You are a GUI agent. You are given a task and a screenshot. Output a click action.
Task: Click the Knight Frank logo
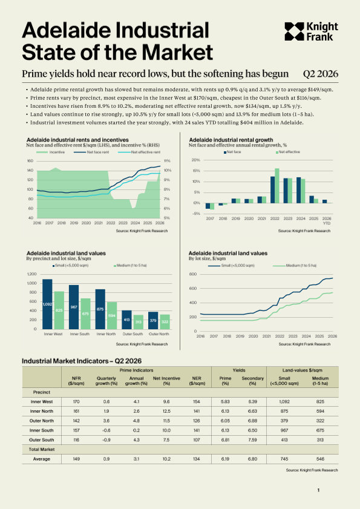(x=312, y=31)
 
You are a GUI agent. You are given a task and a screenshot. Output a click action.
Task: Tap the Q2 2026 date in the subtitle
(x=321, y=74)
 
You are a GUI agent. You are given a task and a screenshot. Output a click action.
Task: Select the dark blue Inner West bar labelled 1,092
(x=47, y=304)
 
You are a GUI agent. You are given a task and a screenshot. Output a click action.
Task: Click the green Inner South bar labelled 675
(x=85, y=314)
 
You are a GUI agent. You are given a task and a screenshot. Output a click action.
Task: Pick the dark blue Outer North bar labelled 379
(x=153, y=321)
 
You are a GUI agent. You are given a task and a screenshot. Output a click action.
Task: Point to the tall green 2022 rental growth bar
(x=277, y=186)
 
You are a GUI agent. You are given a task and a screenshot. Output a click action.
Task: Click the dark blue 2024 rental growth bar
(x=299, y=190)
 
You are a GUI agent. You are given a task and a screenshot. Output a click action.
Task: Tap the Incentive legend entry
(x=50, y=152)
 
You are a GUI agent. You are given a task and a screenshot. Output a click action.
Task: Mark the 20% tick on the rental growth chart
(x=196, y=160)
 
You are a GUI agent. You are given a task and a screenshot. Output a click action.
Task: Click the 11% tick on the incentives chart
(x=167, y=161)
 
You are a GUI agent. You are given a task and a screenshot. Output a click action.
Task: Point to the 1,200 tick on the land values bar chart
(x=32, y=274)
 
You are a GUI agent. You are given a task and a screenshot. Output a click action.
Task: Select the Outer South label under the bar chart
(x=133, y=334)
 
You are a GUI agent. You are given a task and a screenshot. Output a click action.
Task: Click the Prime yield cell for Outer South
(x=225, y=440)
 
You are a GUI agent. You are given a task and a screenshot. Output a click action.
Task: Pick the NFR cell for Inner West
(x=76, y=401)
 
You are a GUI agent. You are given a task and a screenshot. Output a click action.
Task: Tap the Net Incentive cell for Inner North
(x=166, y=412)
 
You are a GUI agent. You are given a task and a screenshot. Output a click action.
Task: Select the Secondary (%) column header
(x=252, y=381)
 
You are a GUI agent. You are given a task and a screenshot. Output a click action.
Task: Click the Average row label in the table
(x=42, y=459)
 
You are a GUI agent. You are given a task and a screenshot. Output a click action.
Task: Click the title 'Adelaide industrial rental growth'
(x=231, y=140)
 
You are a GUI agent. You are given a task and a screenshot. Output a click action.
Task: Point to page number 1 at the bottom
(x=318, y=490)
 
